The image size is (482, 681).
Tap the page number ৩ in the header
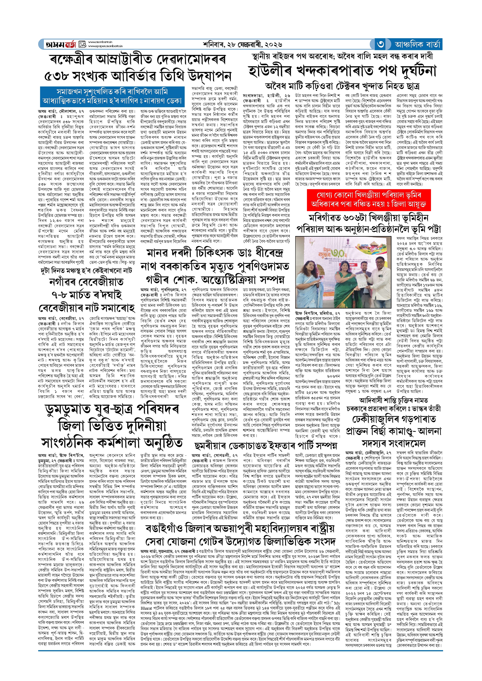click(381, 44)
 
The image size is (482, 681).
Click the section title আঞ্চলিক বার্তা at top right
click(418, 44)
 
